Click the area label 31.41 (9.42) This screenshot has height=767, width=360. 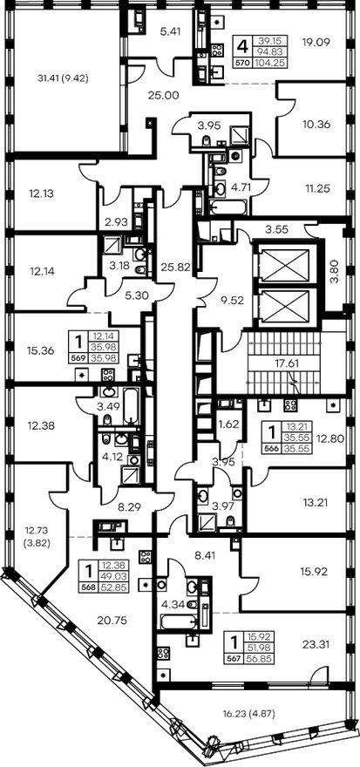62,78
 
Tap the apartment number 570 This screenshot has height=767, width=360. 242,62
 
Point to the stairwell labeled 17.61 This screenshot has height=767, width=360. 284,363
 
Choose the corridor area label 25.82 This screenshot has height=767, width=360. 174,267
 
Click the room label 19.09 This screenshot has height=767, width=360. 315,42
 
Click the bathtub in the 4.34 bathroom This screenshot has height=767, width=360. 179,622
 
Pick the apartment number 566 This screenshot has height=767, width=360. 271,448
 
